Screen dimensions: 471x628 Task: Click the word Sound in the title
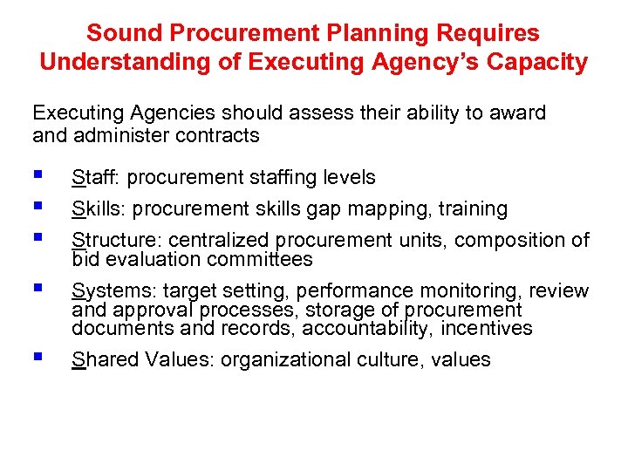click(x=123, y=34)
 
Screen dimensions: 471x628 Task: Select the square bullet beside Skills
click(x=37, y=206)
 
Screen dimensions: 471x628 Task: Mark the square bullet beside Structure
click(x=37, y=237)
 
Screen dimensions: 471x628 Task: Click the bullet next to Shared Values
click(x=37, y=357)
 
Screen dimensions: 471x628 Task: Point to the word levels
click(x=348, y=178)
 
